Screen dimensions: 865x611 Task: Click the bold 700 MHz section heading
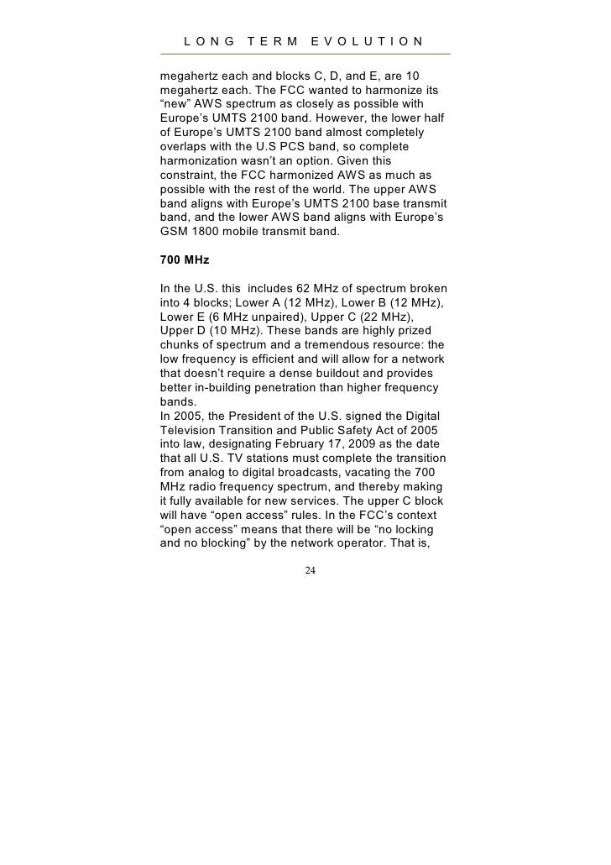pyautogui.click(x=184, y=260)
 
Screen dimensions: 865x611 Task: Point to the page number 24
pyautogui.click(x=311, y=570)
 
